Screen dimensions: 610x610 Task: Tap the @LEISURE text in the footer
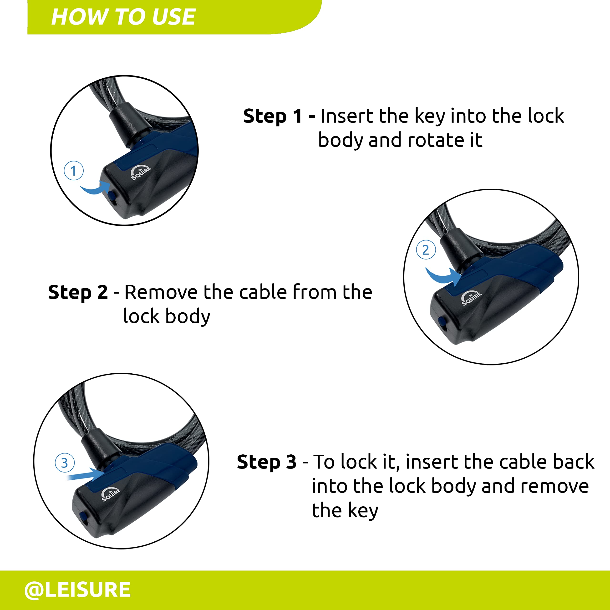[x=78, y=590]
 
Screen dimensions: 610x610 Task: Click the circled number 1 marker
[x=74, y=171]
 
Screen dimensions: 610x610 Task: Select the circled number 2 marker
[x=426, y=250]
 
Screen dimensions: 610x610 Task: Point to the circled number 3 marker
[x=64, y=463]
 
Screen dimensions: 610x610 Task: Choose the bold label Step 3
[x=267, y=462]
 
